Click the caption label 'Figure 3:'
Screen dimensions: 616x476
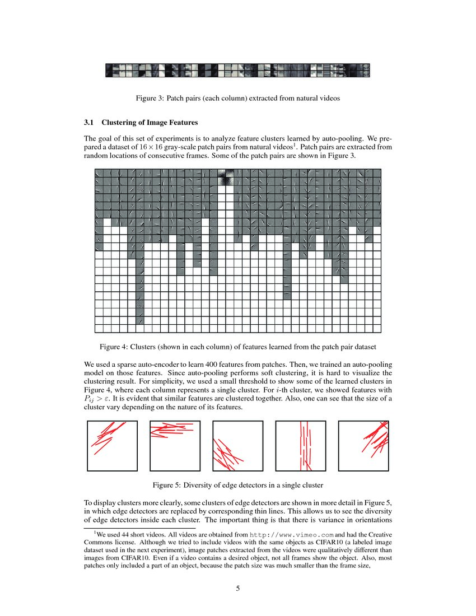point(151,98)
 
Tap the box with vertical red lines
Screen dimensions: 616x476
point(301,446)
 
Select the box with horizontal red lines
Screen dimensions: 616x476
point(175,446)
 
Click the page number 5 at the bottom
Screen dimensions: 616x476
point(238,588)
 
